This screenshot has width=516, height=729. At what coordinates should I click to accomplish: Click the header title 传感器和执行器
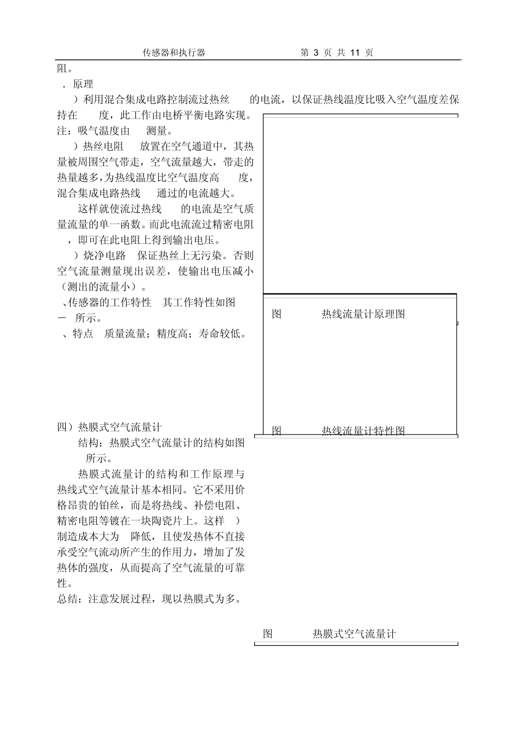(174, 53)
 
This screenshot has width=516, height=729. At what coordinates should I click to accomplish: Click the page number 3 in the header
(316, 53)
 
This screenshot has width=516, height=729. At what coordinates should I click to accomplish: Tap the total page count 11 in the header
(356, 53)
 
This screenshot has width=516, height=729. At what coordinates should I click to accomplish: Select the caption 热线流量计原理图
(363, 314)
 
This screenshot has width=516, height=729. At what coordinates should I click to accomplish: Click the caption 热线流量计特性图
(363, 431)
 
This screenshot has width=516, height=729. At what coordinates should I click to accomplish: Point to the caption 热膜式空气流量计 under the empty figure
(354, 633)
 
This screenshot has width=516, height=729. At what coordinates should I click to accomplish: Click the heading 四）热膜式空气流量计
(109, 427)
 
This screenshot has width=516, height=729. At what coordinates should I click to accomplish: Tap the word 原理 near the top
(83, 84)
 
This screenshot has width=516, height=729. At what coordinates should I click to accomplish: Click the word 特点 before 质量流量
(83, 334)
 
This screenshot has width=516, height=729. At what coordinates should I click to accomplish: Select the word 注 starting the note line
(62, 131)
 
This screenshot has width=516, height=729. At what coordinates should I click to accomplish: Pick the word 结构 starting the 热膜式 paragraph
(89, 443)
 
